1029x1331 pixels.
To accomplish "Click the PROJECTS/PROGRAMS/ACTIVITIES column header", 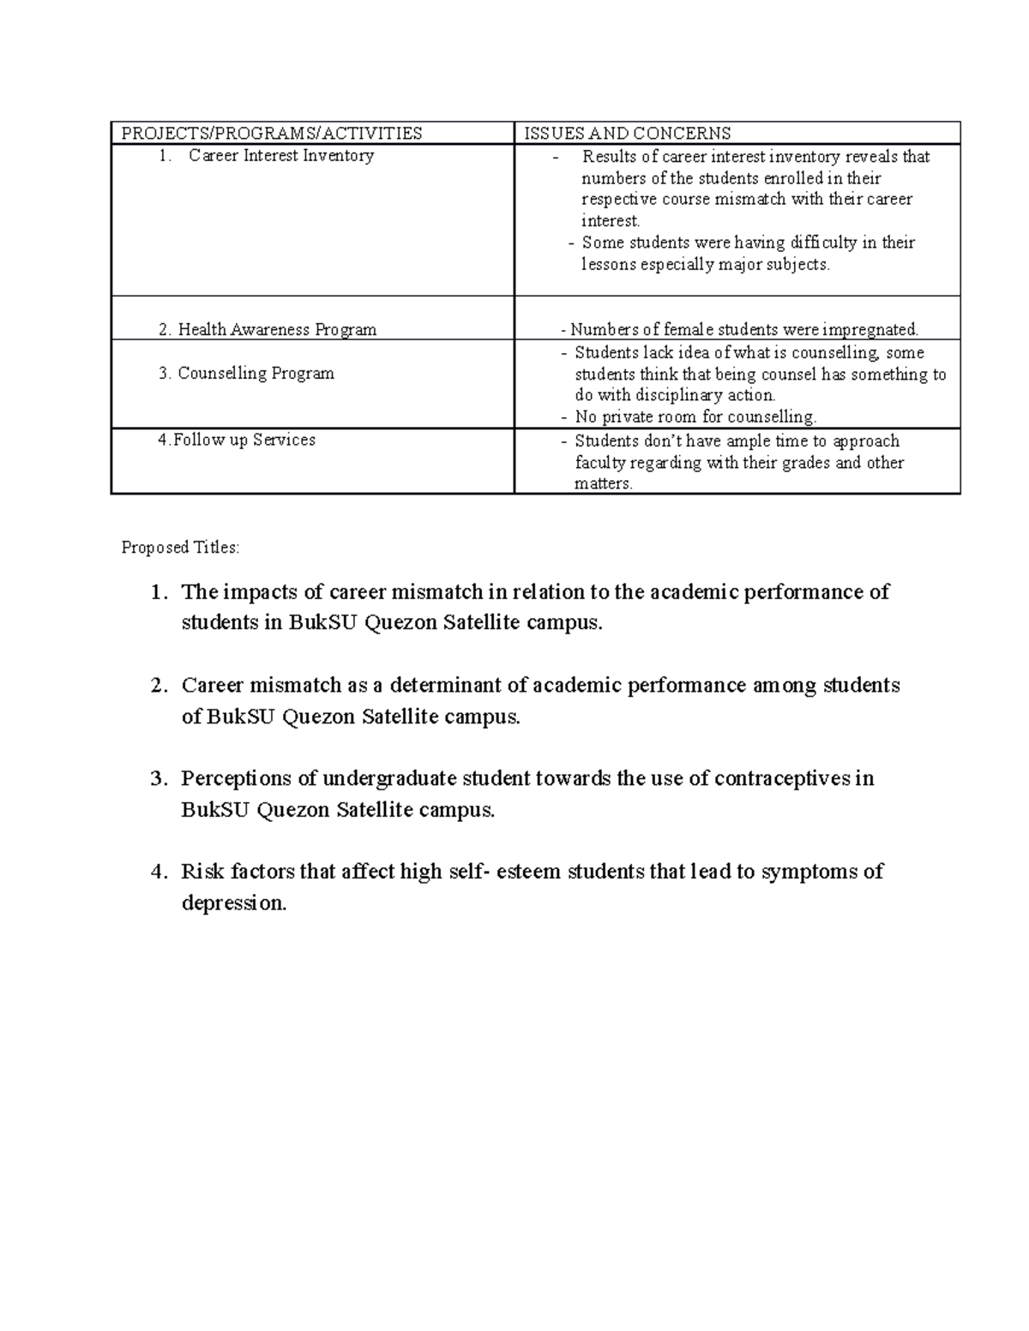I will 271,133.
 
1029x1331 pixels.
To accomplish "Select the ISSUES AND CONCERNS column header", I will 628,133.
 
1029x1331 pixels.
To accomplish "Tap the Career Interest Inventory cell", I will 280,156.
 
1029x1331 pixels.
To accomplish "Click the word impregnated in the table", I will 870,330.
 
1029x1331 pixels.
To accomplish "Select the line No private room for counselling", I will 695,417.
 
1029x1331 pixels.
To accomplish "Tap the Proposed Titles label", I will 181,548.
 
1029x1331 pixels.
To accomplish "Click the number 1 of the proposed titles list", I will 155,592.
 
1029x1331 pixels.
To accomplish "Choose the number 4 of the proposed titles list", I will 155,872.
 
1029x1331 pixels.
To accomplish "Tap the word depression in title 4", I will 233,903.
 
